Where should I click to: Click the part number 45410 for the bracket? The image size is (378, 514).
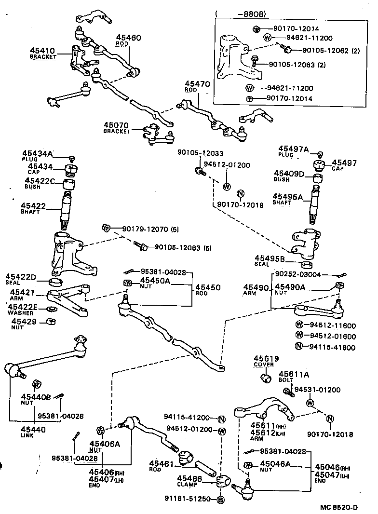tap(42, 50)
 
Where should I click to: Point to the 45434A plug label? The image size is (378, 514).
tap(37, 153)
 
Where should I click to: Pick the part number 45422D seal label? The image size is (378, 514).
tap(21, 276)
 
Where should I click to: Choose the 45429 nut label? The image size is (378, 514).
tap(24, 321)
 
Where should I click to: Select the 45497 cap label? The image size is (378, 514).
tap(344, 163)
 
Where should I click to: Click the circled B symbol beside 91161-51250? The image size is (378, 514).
tap(220, 499)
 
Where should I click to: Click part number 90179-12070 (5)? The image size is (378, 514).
tap(149, 229)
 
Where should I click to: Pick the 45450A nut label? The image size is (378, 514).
tap(155, 280)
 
